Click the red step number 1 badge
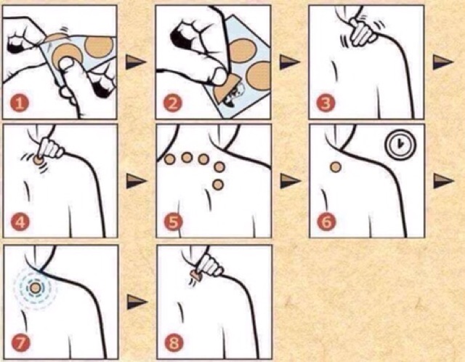(20, 103)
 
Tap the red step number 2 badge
(173, 103)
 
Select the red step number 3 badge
(325, 103)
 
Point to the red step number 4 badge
(20, 222)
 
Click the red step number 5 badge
(173, 222)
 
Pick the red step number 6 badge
(326, 222)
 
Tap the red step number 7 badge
(21, 342)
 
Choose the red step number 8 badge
(174, 342)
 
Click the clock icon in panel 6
(400, 144)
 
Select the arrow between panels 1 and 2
(136, 62)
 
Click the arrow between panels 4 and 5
(137, 181)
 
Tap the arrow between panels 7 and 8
(137, 302)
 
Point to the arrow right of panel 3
(443, 62)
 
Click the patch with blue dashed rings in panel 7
(35, 288)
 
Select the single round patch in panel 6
(336, 167)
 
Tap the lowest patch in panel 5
(218, 185)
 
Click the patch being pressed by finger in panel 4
(38, 161)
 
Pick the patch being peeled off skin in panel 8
(196, 275)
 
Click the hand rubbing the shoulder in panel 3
(363, 32)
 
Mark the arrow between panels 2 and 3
(290, 62)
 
